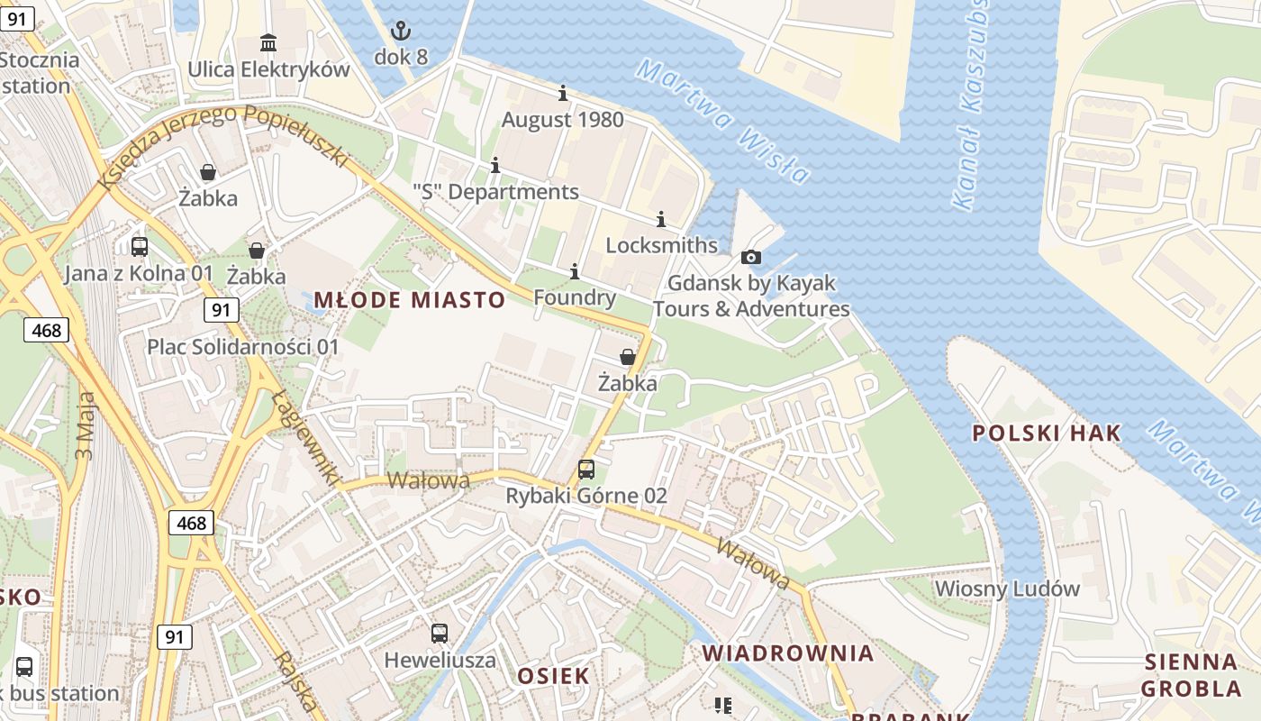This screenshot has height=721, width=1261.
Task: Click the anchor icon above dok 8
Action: coord(401,32)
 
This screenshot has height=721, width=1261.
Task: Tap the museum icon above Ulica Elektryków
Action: coord(268,42)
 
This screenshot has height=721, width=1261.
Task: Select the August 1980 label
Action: coord(562,119)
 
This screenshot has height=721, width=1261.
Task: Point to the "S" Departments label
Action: coord(495,192)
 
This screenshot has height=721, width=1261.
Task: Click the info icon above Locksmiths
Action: coord(661,219)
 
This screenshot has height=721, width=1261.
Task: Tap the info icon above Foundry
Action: coord(575,271)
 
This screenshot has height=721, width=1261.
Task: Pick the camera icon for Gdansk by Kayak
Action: coord(751,257)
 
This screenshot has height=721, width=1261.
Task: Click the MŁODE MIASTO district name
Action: coord(409,300)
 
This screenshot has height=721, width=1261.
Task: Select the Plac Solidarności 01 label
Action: coord(243,347)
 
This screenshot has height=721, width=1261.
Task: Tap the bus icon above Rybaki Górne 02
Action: coord(586,470)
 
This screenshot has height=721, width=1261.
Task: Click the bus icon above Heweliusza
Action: coord(440,634)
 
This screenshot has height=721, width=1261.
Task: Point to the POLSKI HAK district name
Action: coord(1047,433)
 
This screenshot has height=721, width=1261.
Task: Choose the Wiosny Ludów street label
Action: coord(1007,589)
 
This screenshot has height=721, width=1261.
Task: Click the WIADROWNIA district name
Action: coord(788,653)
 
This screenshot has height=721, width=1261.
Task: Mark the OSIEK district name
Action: coord(553,676)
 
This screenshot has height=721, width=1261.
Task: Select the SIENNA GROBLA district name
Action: coord(1191,675)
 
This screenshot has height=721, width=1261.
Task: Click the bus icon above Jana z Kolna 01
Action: coord(140,246)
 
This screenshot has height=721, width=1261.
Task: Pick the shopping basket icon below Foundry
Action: coord(628,357)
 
